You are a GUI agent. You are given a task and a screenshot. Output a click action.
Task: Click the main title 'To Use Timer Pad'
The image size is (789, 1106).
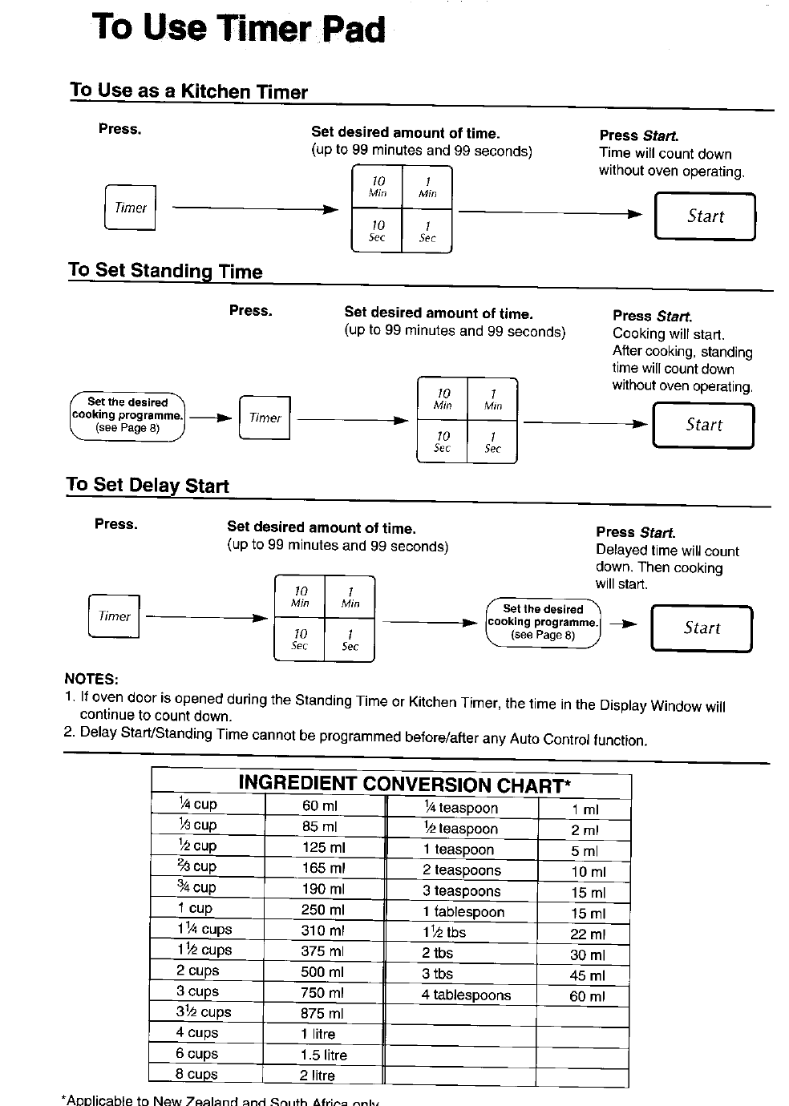[239, 28]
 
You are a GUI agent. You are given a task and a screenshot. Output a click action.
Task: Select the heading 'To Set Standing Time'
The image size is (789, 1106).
[165, 271]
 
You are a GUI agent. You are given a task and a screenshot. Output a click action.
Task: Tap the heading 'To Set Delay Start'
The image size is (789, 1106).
[148, 485]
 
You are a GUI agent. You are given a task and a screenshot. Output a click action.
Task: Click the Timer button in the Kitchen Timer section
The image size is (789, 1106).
[130, 208]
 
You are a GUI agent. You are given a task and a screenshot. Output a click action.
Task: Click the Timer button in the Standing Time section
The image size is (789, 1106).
[265, 418]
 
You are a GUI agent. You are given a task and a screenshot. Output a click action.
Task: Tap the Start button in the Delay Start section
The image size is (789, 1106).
[702, 628]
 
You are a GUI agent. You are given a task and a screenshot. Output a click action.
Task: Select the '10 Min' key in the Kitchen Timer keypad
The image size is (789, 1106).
[378, 188]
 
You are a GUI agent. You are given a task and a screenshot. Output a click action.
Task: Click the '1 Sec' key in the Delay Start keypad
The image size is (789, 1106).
[350, 640]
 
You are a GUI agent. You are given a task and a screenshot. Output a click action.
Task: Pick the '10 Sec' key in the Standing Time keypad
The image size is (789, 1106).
[442, 442]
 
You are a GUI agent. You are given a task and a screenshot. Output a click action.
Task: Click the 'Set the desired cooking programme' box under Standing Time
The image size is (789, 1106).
[127, 415]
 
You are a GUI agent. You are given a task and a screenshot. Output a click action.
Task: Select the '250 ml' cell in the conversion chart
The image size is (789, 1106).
[323, 910]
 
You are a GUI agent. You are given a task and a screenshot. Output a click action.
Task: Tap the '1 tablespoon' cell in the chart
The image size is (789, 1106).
[463, 912]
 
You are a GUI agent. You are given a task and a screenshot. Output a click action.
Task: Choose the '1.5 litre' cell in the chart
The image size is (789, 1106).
[323, 1056]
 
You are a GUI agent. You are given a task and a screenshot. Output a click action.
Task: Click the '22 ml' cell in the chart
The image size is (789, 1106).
[588, 934]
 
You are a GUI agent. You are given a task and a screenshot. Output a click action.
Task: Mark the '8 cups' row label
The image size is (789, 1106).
[197, 1075]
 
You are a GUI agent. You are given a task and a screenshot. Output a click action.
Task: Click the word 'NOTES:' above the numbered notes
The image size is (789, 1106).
[91, 679]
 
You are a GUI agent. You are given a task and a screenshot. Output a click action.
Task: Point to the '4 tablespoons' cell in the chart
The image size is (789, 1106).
[466, 995]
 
